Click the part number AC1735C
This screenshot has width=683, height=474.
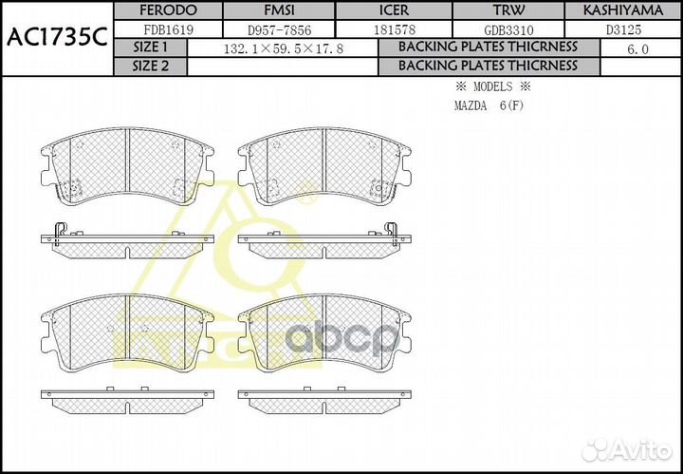(55, 38)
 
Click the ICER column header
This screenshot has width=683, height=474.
(397, 10)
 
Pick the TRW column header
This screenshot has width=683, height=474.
(508, 10)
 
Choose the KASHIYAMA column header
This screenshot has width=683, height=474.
(622, 10)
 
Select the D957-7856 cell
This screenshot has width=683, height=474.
(282, 28)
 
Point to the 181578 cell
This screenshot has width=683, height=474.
(397, 28)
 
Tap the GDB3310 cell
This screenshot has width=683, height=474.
(508, 28)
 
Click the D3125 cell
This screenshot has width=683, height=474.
(622, 28)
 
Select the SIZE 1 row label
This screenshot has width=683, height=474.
(150, 47)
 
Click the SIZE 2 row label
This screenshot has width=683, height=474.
(150, 66)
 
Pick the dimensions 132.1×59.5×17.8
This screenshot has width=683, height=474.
(282, 47)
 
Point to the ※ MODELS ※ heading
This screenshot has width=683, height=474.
(491, 86)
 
